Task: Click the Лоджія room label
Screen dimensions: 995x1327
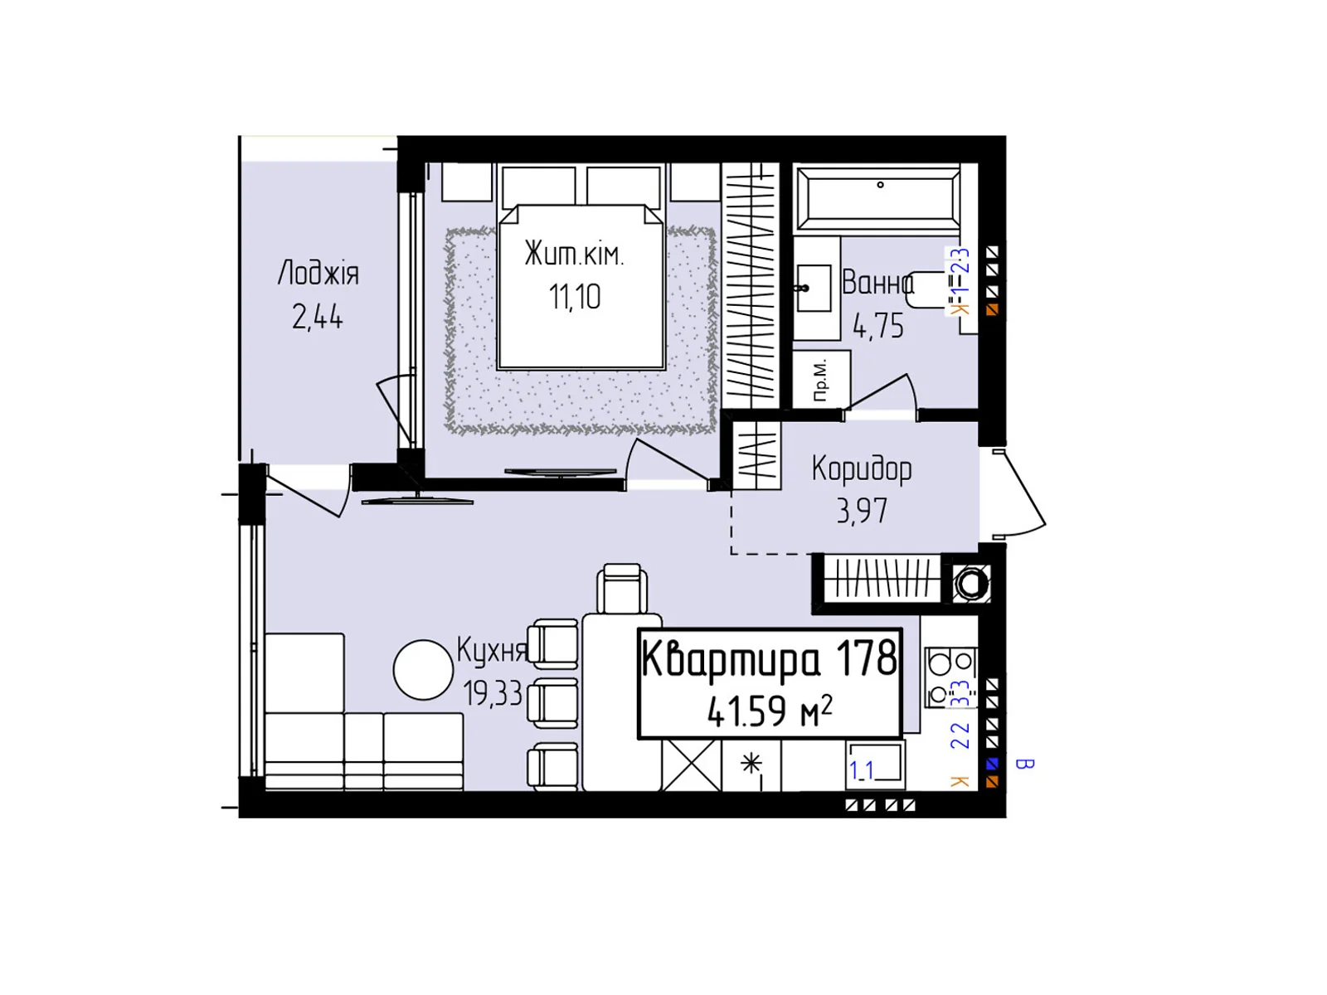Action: click(318, 273)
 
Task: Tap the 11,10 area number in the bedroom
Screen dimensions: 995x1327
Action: click(575, 297)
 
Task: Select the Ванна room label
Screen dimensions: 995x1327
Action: click(877, 283)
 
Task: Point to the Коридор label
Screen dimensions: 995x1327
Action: click(862, 468)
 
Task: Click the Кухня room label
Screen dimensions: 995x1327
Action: click(492, 651)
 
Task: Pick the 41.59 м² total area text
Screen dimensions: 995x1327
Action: click(770, 711)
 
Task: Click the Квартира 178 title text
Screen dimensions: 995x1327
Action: click(770, 659)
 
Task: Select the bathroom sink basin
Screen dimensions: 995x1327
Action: click(813, 289)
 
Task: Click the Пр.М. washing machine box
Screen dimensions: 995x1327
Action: click(821, 380)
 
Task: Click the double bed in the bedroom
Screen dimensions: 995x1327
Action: click(581, 286)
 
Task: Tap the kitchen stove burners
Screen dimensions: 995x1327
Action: click(950, 673)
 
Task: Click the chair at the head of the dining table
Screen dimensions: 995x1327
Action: click(622, 589)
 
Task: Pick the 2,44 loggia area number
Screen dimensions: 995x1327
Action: click(317, 317)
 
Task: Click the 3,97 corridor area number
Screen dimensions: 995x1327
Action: click(862, 511)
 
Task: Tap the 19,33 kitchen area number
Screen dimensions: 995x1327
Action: click(493, 693)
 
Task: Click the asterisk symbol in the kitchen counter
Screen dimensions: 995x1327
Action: click(751, 764)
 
